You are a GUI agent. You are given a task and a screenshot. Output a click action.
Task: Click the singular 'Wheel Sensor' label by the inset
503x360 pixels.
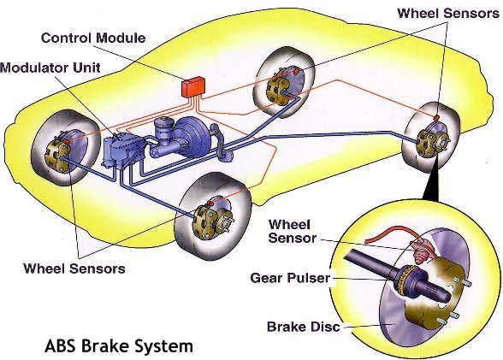coord(293,231)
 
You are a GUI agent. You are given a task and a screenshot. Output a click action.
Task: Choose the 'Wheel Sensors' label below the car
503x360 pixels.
coord(74,269)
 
